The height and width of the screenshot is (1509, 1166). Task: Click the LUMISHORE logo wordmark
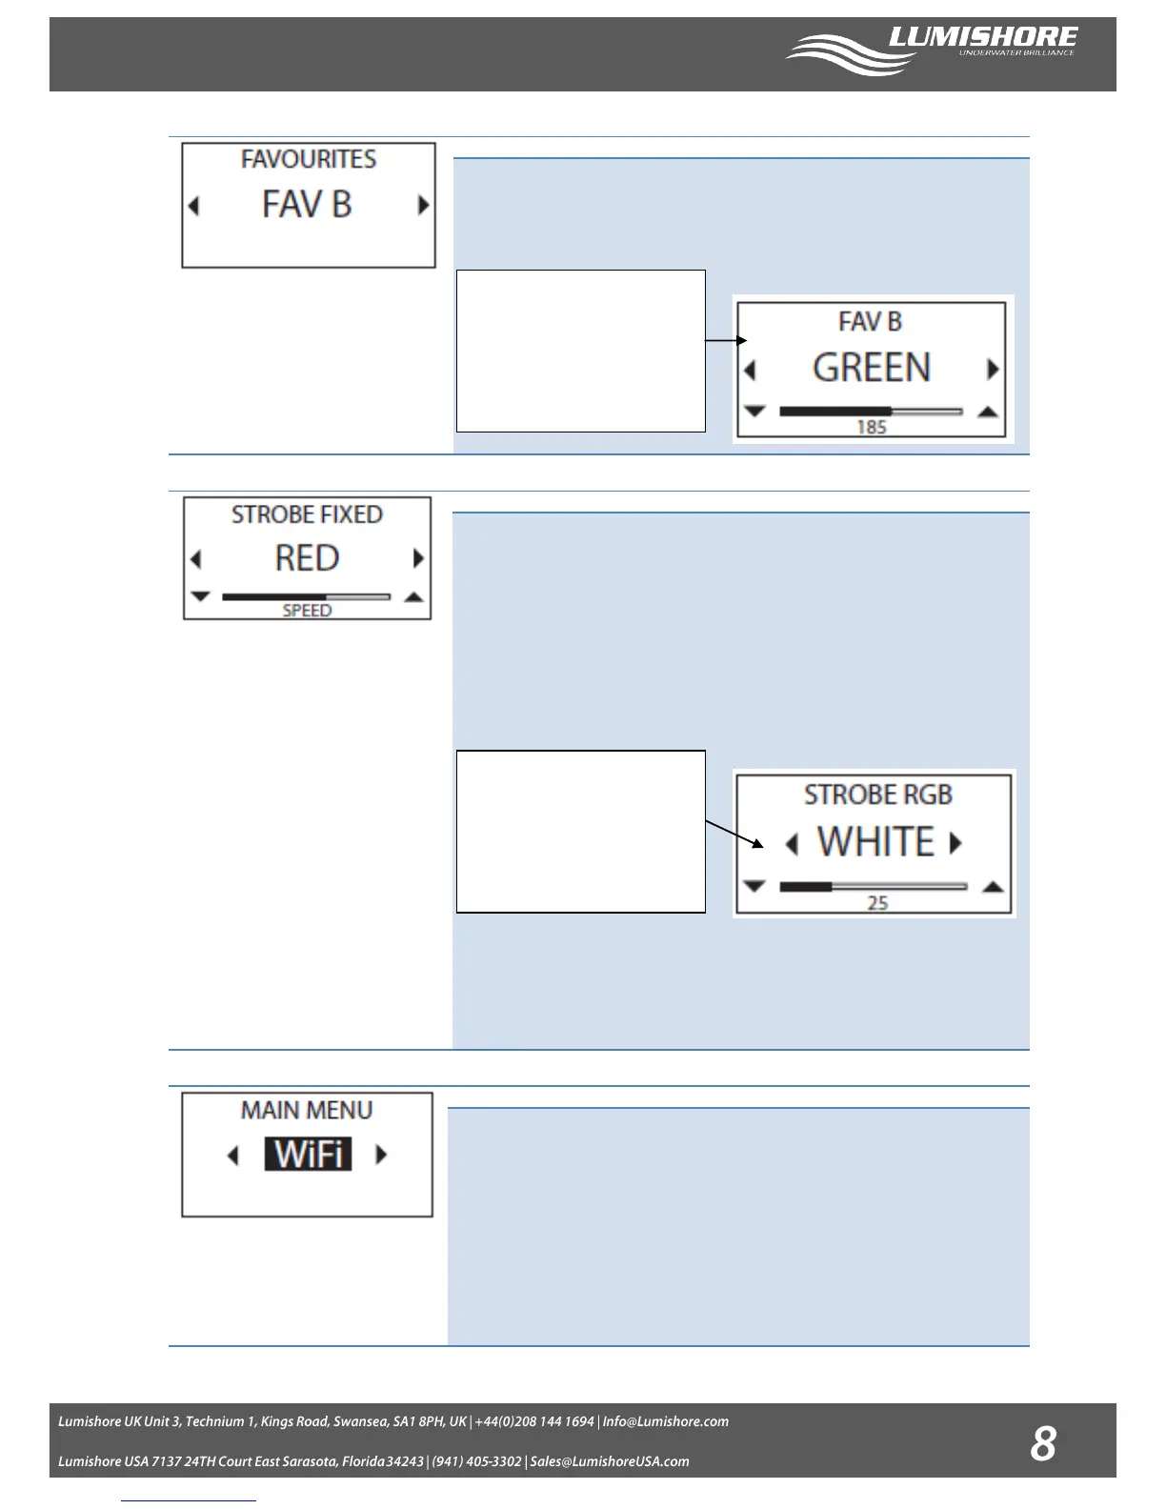pyautogui.click(x=982, y=37)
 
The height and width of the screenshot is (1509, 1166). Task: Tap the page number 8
pyautogui.click(x=1043, y=1443)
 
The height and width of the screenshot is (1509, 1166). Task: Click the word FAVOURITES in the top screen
pyautogui.click(x=308, y=159)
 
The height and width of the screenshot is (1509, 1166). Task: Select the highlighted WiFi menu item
pyautogui.click(x=308, y=1155)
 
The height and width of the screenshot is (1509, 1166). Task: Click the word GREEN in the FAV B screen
pyautogui.click(x=871, y=368)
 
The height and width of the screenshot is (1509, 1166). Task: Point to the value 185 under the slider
pyautogui.click(x=871, y=428)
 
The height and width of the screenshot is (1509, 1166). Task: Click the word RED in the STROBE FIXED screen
pyautogui.click(x=307, y=558)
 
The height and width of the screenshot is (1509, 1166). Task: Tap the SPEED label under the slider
pyautogui.click(x=307, y=611)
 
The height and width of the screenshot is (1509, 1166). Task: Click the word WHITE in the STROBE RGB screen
pyautogui.click(x=875, y=842)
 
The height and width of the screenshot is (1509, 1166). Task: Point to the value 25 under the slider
pyautogui.click(x=877, y=903)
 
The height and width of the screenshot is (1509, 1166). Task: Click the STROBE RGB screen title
pyautogui.click(x=877, y=795)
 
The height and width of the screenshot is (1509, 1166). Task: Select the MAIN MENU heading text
pyautogui.click(x=307, y=1111)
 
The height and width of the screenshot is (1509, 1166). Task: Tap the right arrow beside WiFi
pyautogui.click(x=382, y=1155)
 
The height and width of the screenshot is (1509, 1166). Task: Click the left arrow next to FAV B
pyautogui.click(x=194, y=206)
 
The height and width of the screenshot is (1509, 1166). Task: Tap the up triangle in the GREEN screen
pyautogui.click(x=988, y=412)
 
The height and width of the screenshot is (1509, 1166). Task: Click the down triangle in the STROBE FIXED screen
pyautogui.click(x=200, y=596)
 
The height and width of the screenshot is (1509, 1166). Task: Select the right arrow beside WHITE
pyautogui.click(x=955, y=842)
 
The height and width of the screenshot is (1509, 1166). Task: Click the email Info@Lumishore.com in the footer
pyautogui.click(x=665, y=1421)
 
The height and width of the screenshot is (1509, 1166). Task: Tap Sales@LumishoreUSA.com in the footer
pyautogui.click(x=610, y=1461)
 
